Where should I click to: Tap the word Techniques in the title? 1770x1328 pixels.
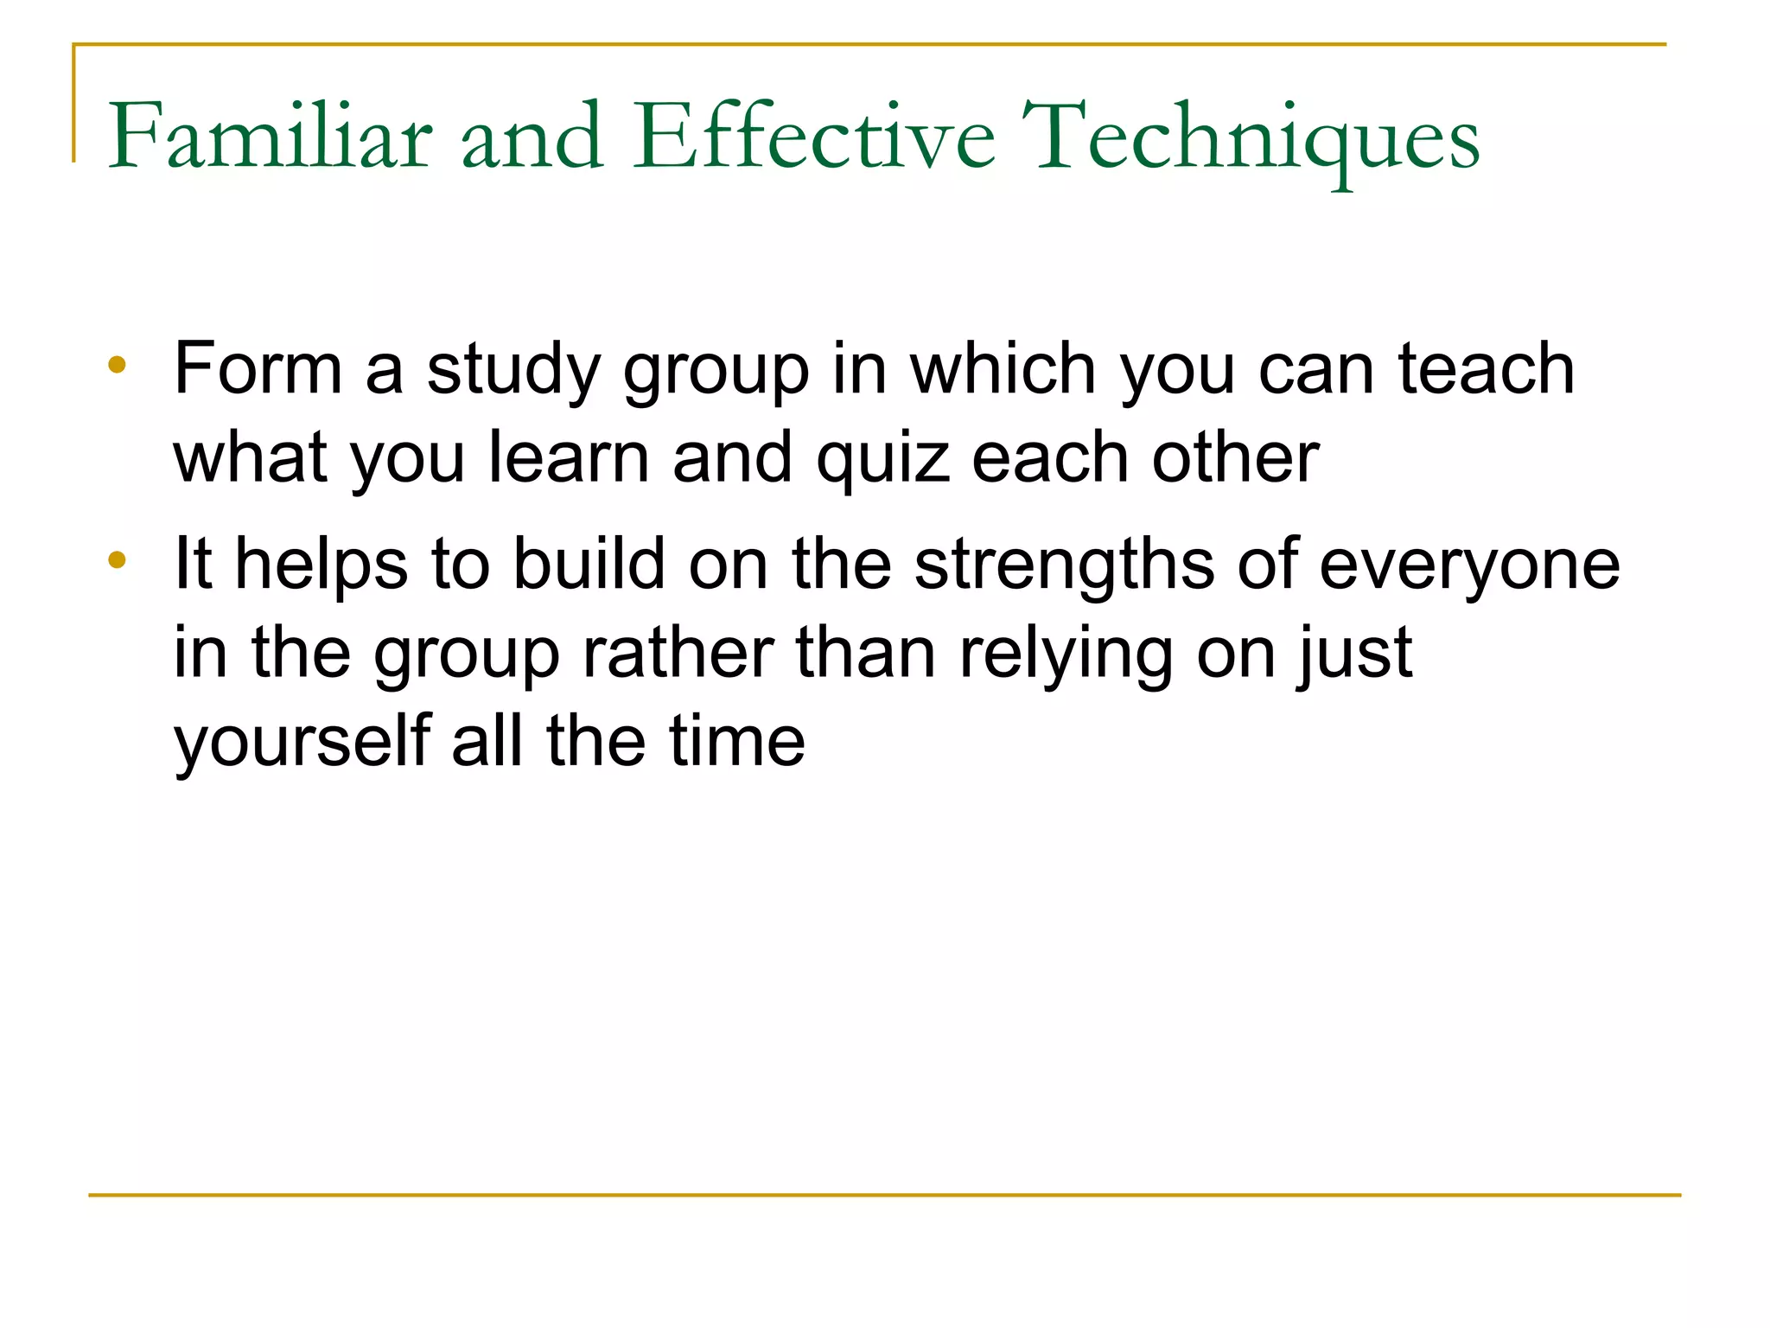[x=1256, y=138]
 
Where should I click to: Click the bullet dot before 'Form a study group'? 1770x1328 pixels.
[x=118, y=364]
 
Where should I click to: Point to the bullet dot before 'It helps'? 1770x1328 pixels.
[x=118, y=559]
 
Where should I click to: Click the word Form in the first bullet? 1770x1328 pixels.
[x=258, y=368]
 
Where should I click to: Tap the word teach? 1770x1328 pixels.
[x=1487, y=368]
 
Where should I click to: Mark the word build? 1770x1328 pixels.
[x=589, y=564]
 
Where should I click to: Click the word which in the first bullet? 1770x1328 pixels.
[x=1003, y=368]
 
